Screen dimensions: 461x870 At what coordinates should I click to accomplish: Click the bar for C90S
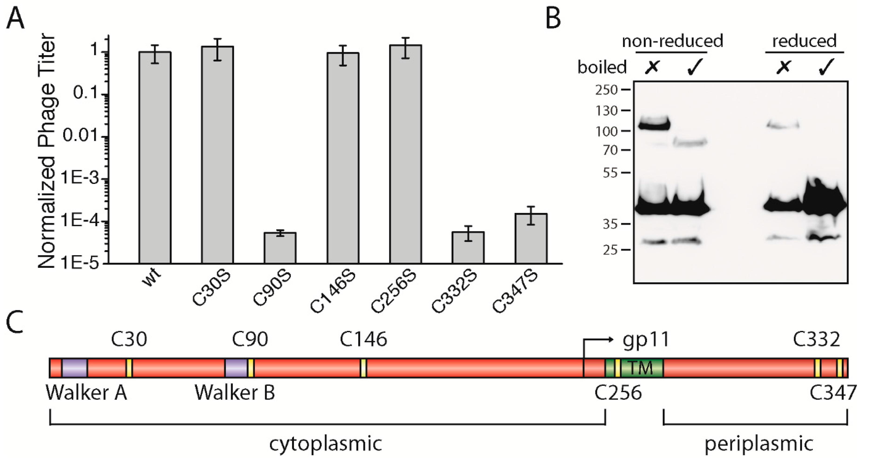pos(280,248)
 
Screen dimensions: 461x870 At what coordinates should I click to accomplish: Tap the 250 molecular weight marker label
pos(607,90)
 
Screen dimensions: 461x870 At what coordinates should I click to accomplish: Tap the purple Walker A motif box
pos(74,368)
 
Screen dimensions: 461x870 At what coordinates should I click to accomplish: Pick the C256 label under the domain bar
pos(618,393)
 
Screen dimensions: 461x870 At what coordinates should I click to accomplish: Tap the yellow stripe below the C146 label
pos(363,368)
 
